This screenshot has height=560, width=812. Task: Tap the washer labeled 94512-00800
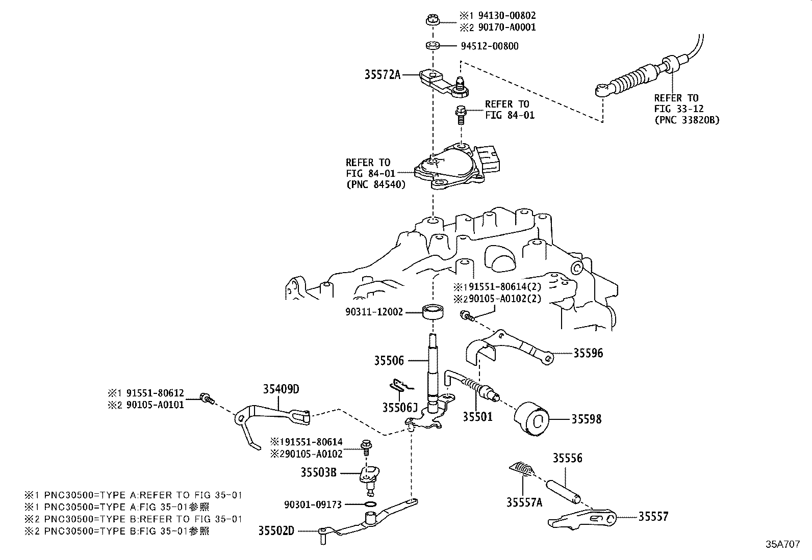(x=433, y=46)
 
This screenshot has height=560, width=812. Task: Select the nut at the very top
(x=432, y=21)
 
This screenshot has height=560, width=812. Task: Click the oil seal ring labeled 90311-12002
(x=433, y=311)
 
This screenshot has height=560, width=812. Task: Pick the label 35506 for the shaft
(x=389, y=361)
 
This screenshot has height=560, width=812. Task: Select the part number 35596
(x=588, y=353)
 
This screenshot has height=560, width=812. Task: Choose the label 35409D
(x=281, y=389)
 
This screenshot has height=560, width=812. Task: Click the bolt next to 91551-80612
(x=206, y=398)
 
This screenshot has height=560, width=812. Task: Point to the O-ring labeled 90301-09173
(x=372, y=504)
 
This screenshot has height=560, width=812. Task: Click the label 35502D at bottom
(x=276, y=531)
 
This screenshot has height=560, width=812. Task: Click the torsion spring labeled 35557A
(x=522, y=470)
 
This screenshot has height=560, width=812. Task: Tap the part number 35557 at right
(x=653, y=517)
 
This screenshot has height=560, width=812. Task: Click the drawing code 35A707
(x=782, y=544)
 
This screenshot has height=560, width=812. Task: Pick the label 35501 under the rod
(x=477, y=416)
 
